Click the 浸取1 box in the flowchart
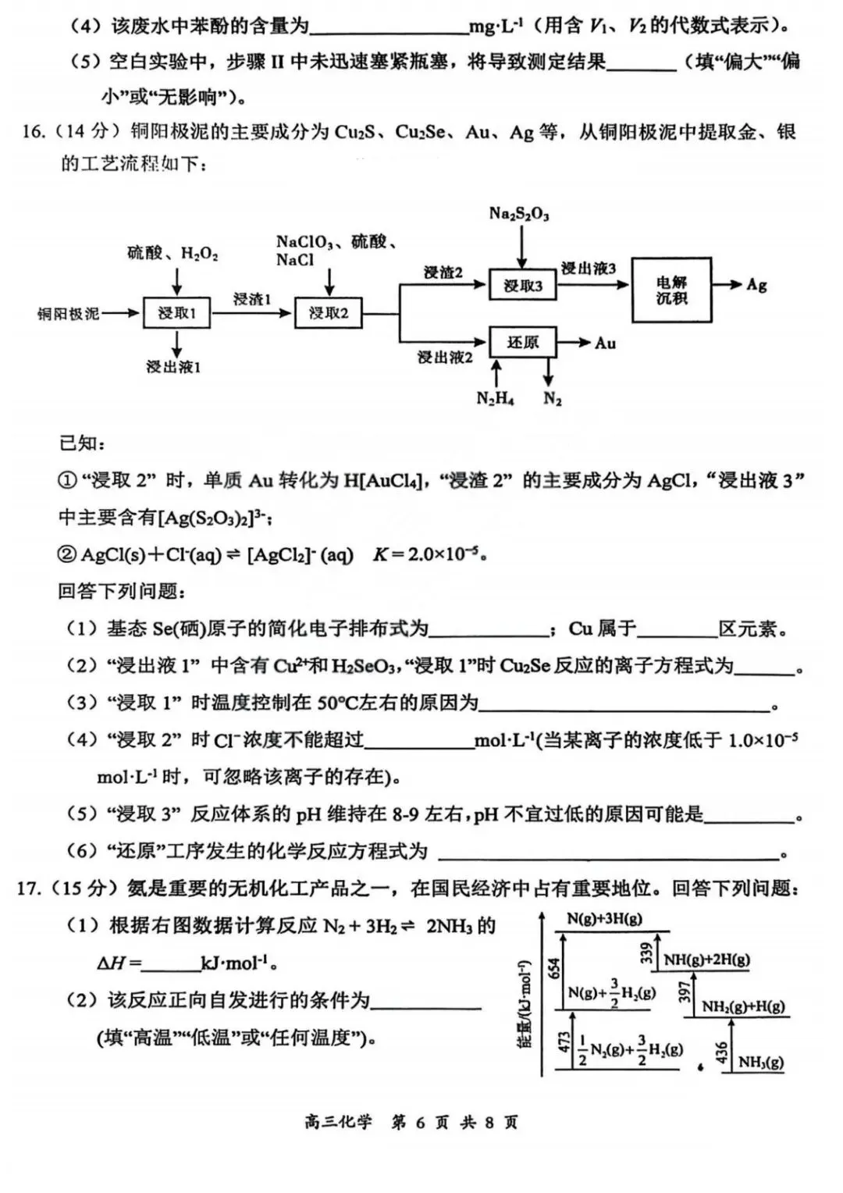[176, 313]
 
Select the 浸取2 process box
[328, 313]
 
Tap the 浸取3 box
[522, 286]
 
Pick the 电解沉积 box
[671, 290]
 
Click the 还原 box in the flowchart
[522, 342]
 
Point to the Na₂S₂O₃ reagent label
[519, 213]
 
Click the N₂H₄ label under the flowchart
[495, 398]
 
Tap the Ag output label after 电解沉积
[756, 284]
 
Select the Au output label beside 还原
[605, 343]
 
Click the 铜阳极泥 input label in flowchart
[69, 314]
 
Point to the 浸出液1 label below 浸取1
[173, 366]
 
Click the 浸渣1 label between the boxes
[252, 299]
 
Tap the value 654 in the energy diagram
[554, 968]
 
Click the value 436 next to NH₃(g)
[721, 1052]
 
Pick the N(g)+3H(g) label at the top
[604, 919]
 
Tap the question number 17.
[28, 888]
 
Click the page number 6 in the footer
[420, 1122]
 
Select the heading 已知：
[82, 443]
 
